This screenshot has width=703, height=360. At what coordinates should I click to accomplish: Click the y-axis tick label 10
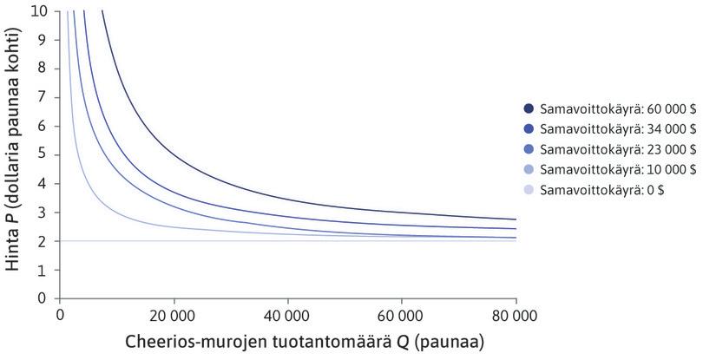[41, 11]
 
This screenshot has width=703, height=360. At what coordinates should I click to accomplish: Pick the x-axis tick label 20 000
[174, 313]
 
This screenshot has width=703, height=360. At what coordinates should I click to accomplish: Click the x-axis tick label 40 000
[287, 313]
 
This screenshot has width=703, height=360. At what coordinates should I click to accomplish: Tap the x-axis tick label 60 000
[401, 313]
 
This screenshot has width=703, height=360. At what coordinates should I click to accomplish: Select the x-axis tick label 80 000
[515, 313]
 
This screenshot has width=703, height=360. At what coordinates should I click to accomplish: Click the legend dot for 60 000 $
[529, 108]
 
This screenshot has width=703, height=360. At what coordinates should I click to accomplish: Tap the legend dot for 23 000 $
[529, 148]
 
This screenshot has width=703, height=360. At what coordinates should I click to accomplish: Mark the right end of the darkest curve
[515, 219]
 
